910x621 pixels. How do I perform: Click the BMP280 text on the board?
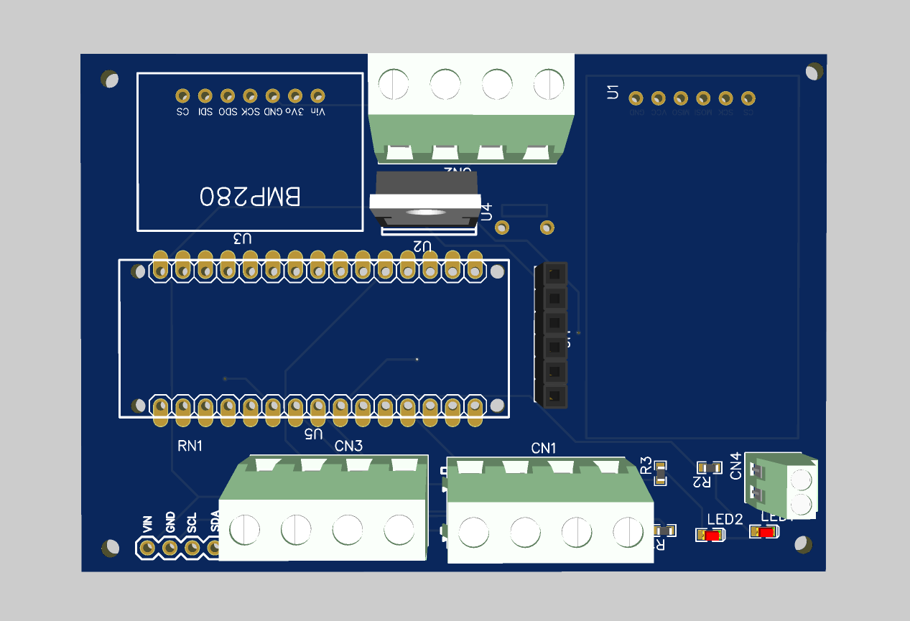(x=250, y=197)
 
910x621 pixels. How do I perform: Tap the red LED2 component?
(x=711, y=536)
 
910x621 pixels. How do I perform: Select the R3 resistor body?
(x=659, y=472)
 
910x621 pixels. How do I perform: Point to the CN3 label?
(x=348, y=446)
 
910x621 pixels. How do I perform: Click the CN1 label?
(x=544, y=448)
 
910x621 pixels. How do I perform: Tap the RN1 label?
(x=190, y=446)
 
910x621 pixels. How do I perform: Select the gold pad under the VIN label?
(x=147, y=548)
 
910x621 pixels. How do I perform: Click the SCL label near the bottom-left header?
(x=192, y=523)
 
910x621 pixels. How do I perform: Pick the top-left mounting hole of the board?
(x=109, y=78)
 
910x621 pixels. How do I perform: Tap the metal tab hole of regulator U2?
(x=424, y=213)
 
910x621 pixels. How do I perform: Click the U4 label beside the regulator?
(x=486, y=211)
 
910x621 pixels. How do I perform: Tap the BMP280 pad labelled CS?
(x=183, y=95)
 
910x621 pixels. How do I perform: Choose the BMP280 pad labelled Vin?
(x=317, y=95)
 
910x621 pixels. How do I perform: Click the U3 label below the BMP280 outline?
(x=242, y=238)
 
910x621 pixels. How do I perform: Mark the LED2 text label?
(x=725, y=519)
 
